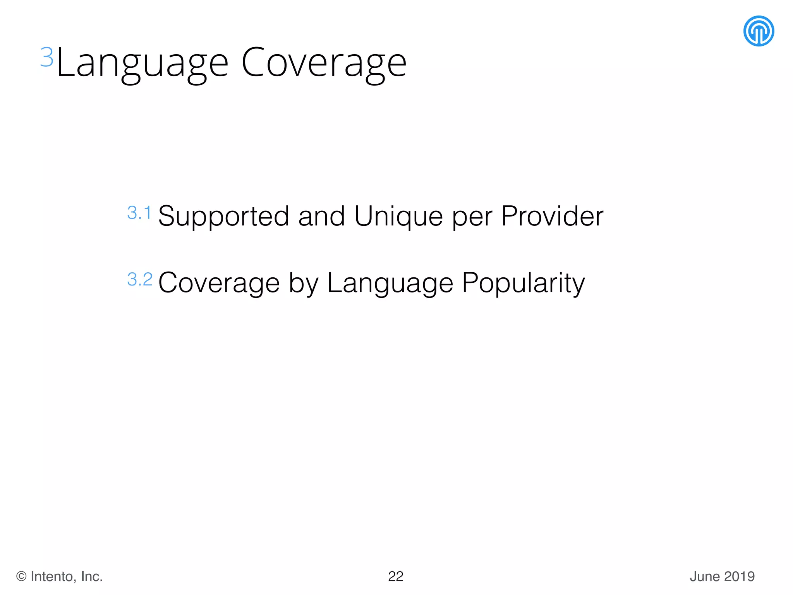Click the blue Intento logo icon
point(759,31)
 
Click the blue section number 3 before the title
point(47,57)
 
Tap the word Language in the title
point(142,63)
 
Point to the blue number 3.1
point(139,213)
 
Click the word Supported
point(223,217)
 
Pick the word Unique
point(398,217)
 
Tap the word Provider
point(552,216)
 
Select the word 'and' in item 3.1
point(321,216)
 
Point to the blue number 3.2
point(140,279)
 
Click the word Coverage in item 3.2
point(219,283)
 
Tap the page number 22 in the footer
point(396,576)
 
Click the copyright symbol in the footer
point(21,576)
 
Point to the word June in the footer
point(705,576)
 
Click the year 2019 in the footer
point(740,576)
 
